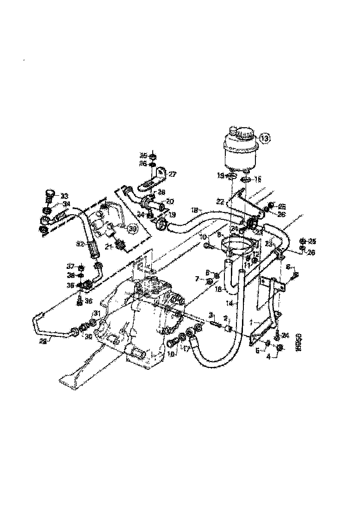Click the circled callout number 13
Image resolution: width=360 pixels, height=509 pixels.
click(264, 138)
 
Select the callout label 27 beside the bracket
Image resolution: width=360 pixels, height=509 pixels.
click(172, 174)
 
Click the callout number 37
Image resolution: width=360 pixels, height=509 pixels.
click(70, 266)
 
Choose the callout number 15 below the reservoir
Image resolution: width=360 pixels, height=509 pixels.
click(258, 179)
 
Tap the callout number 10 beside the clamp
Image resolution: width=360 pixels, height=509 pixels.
click(203, 237)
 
